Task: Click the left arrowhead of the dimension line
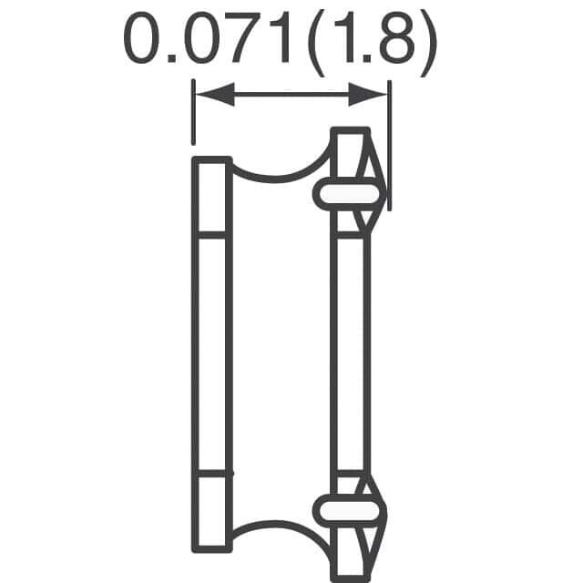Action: (215, 95)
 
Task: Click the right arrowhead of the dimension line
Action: (367, 95)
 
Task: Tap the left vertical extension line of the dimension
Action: (193, 112)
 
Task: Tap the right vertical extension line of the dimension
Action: (389, 146)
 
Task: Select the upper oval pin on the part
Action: (350, 194)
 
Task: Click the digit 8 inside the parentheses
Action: (397, 37)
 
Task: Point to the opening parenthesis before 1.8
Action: (316, 44)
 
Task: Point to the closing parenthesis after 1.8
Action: (428, 44)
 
